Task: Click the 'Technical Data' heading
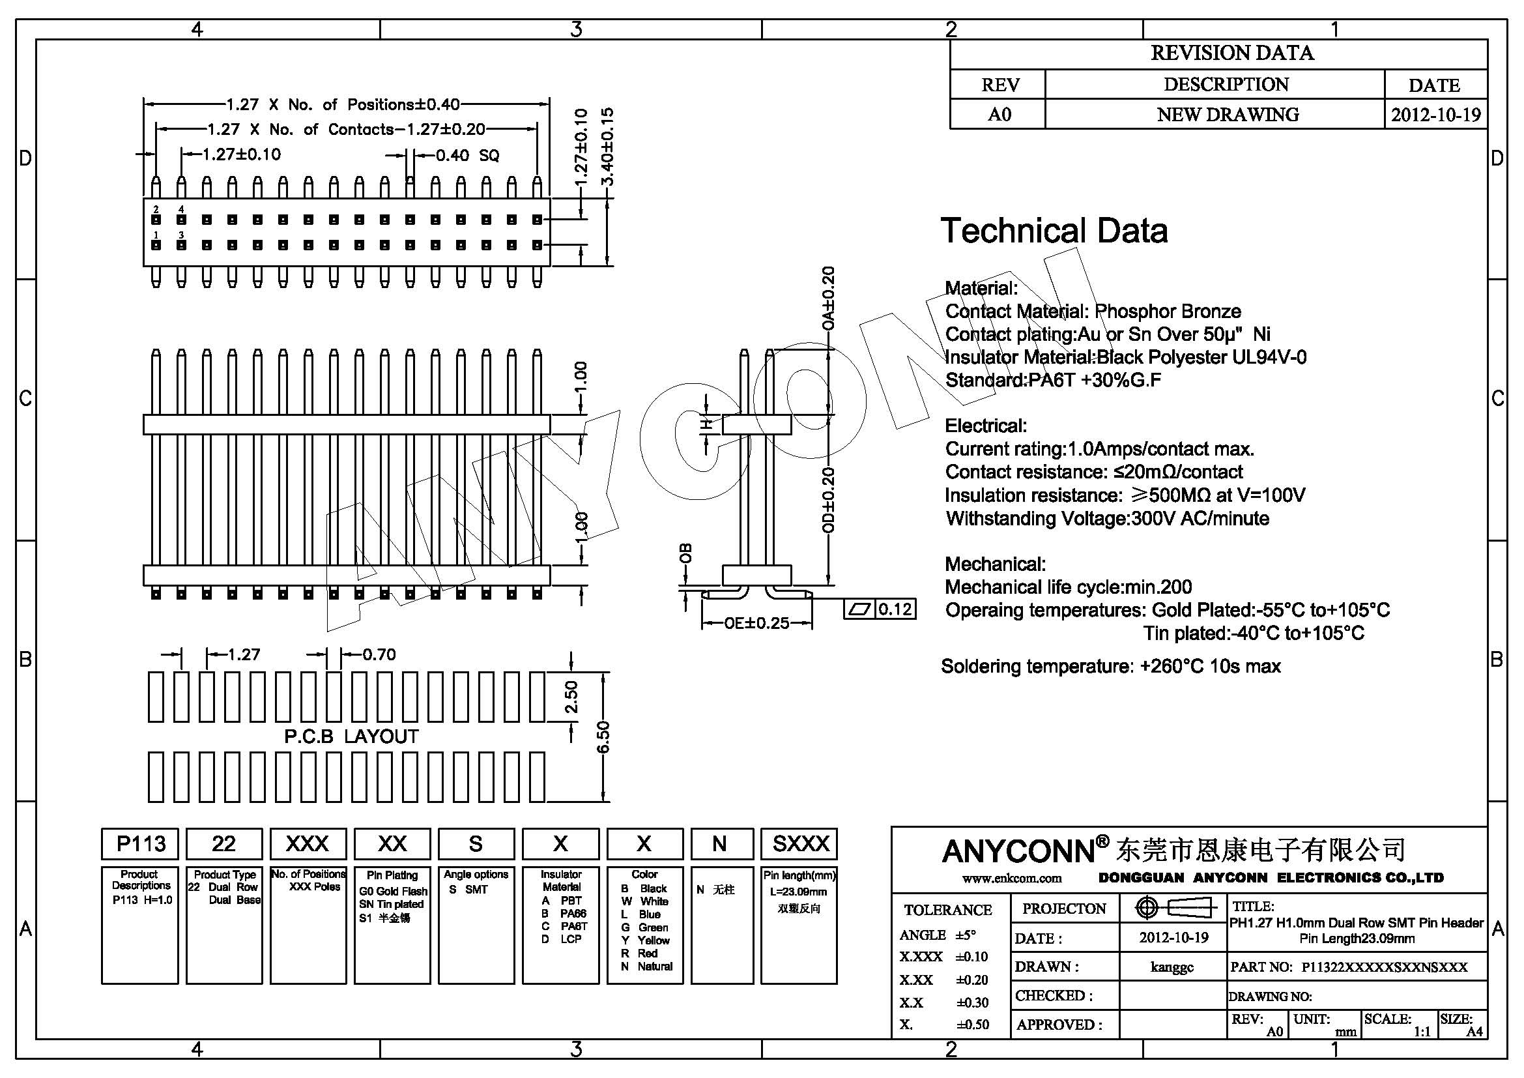[1054, 231]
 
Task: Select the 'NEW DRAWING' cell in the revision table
[1228, 115]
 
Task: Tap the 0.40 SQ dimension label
[467, 155]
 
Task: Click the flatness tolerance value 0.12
[894, 609]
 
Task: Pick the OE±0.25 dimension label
[756, 622]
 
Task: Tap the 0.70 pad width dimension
[379, 654]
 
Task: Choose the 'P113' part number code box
[140, 843]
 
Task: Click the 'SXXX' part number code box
[801, 843]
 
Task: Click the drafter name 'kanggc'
[1172, 967]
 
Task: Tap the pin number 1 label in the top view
[156, 235]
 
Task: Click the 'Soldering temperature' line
[1110, 666]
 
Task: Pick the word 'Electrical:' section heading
[986, 426]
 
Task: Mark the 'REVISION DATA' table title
[1232, 53]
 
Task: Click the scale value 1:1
[1422, 1032]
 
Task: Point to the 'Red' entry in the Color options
[647, 954]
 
